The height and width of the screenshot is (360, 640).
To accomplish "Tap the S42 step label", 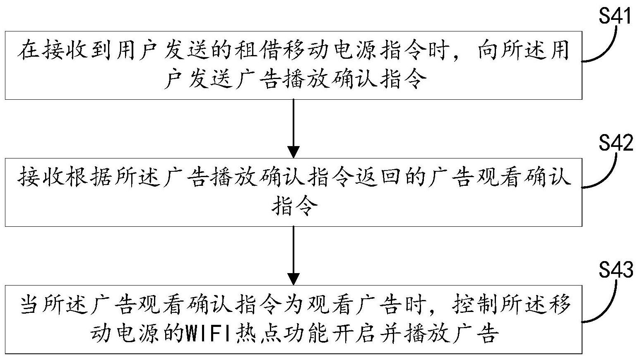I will [x=616, y=143].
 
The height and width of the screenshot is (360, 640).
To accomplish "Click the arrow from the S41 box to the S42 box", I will [x=293, y=128].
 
